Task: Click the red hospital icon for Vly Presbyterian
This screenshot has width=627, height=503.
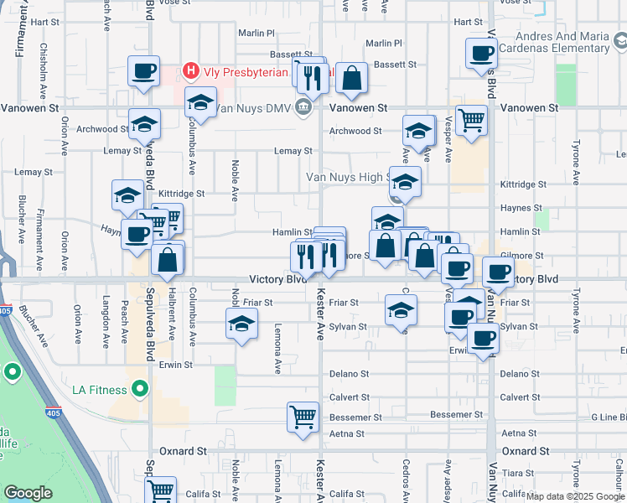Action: tap(191, 71)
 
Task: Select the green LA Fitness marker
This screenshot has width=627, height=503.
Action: tap(140, 390)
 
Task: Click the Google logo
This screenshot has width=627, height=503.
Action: tap(28, 493)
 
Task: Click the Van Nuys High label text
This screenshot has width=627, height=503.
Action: tap(345, 177)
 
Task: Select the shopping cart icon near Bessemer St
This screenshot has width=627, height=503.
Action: tap(302, 416)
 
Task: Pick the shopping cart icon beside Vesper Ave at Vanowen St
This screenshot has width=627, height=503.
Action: tap(472, 121)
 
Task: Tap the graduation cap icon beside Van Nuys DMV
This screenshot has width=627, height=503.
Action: tap(200, 103)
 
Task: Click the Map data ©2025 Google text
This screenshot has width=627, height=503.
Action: tap(576, 496)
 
